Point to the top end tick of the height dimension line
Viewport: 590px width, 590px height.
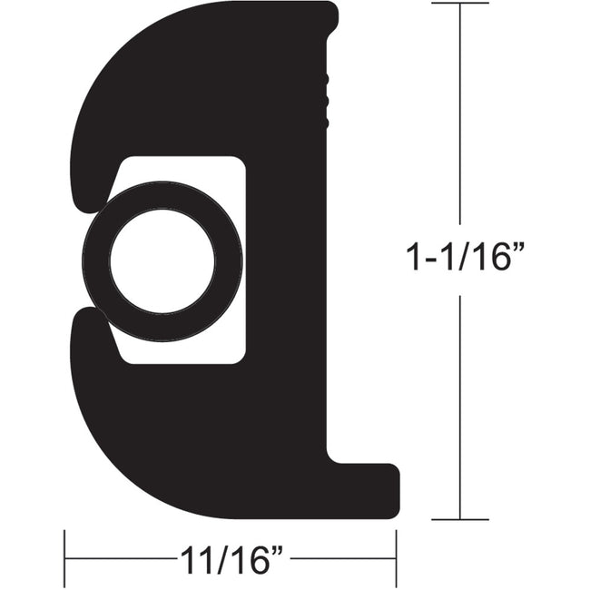point(460,4)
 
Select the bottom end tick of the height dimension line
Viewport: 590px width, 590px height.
point(460,519)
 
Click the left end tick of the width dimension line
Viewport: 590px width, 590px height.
point(64,557)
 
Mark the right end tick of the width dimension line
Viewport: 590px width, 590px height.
point(396,557)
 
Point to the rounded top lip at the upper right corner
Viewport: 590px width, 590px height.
point(329,18)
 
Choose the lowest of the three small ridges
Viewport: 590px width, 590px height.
point(326,112)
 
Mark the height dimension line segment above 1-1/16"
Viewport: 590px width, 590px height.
point(460,118)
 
